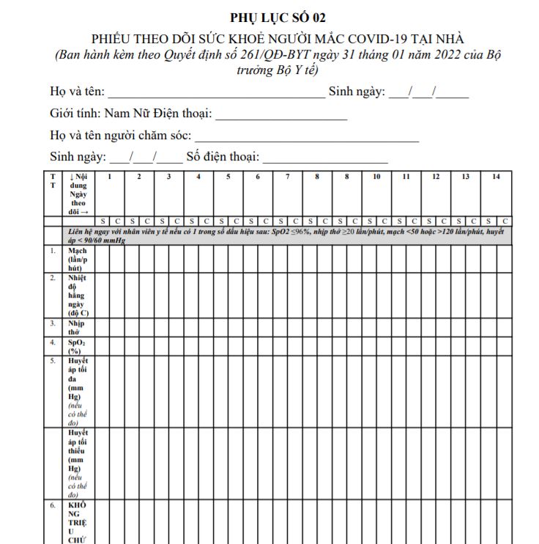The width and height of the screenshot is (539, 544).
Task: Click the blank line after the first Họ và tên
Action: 217,94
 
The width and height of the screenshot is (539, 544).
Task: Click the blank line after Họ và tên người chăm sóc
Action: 307,138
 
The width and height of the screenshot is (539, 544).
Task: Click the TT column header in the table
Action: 53,181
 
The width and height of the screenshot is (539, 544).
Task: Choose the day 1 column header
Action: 109,177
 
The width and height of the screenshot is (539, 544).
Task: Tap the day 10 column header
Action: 376,177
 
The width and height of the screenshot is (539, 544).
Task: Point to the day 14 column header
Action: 496,177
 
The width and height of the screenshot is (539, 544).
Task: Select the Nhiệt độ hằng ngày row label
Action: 76,295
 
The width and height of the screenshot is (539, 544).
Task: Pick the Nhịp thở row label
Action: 75,327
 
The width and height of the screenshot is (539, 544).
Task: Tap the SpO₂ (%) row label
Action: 75,346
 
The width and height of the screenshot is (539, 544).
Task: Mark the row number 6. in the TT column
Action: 53,506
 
